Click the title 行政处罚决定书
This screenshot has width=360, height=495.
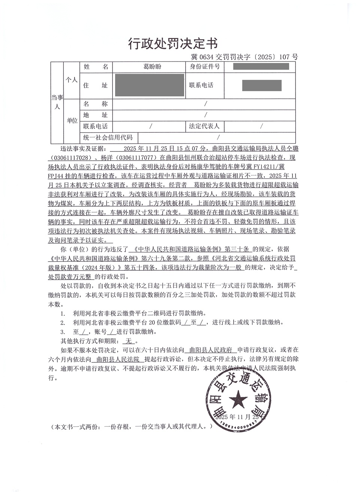[173, 43]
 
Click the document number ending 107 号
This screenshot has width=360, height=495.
[244, 57]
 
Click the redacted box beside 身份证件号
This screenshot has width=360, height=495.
[261, 67]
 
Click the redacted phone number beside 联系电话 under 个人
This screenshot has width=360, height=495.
[261, 85]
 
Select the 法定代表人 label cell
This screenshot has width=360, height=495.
[204, 126]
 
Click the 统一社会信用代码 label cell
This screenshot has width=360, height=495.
[108, 137]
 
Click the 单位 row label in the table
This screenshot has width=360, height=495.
[72, 120]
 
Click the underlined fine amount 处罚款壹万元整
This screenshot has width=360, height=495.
[70, 277]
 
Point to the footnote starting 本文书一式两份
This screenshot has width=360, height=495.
[133, 427]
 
